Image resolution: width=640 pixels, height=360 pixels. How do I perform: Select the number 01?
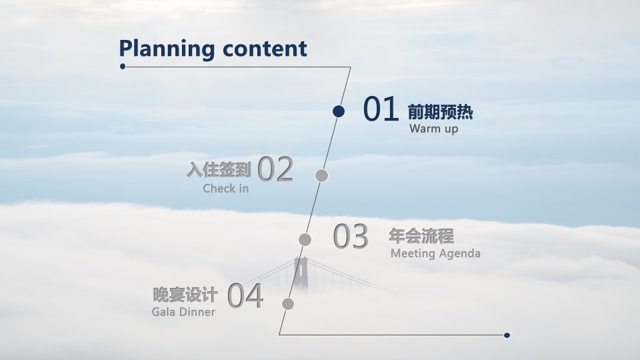coord(381,109)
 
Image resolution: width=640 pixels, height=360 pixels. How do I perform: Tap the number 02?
coord(275,169)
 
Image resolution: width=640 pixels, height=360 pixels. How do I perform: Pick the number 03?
coord(351,237)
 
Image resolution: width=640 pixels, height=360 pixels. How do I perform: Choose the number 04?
coord(245,297)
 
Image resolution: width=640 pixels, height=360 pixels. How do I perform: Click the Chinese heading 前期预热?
coord(440,112)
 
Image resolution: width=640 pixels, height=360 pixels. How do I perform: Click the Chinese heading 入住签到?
coord(219,170)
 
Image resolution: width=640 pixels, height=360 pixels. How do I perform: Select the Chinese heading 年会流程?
coord(421,236)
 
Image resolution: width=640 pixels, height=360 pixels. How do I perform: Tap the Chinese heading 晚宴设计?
coord(185,295)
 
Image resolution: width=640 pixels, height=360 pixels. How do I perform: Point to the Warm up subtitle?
coord(433,129)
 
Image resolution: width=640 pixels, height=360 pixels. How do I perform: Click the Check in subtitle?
coord(225,189)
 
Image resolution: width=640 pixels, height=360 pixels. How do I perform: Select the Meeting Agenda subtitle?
coord(435,253)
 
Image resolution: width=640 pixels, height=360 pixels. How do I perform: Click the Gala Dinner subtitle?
coord(183,312)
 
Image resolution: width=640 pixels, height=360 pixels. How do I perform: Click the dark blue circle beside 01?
coord(339,111)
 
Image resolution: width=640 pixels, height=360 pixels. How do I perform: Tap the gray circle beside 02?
coord(321,175)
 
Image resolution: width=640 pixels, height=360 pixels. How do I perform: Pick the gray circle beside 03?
coord(305,239)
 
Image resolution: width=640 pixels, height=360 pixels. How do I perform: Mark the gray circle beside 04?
coord(288,304)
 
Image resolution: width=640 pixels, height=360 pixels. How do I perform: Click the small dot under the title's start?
coord(123,66)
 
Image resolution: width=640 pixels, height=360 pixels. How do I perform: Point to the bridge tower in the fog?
coord(300,273)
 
